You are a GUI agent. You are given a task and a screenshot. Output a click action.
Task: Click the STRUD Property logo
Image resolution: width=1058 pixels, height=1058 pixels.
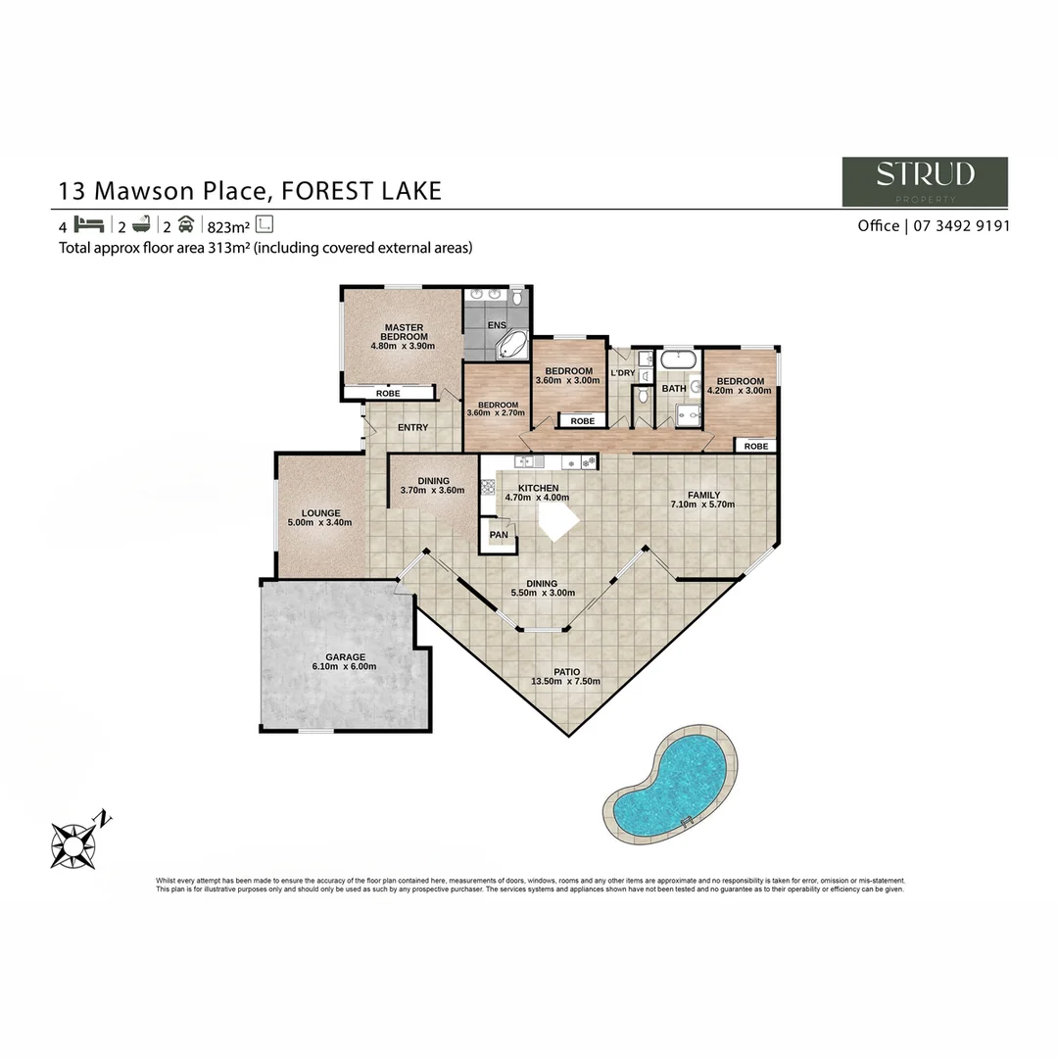pyautogui.click(x=925, y=181)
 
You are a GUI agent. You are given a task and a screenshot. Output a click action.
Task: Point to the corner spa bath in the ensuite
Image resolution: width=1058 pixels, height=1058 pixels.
pyautogui.click(x=511, y=345)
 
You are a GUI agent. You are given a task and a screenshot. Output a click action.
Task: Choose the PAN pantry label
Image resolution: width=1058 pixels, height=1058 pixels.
pyautogui.click(x=499, y=535)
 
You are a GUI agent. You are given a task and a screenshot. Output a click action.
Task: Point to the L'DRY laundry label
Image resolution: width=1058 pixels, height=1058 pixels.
pyautogui.click(x=622, y=373)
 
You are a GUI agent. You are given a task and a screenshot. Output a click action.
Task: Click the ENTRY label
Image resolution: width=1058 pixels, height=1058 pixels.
pyautogui.click(x=412, y=427)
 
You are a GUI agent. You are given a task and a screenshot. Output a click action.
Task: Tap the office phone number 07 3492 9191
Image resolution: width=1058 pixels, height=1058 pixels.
pyautogui.click(x=961, y=225)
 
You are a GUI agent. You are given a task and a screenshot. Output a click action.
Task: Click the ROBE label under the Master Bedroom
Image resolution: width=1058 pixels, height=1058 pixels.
pyautogui.click(x=389, y=394)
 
